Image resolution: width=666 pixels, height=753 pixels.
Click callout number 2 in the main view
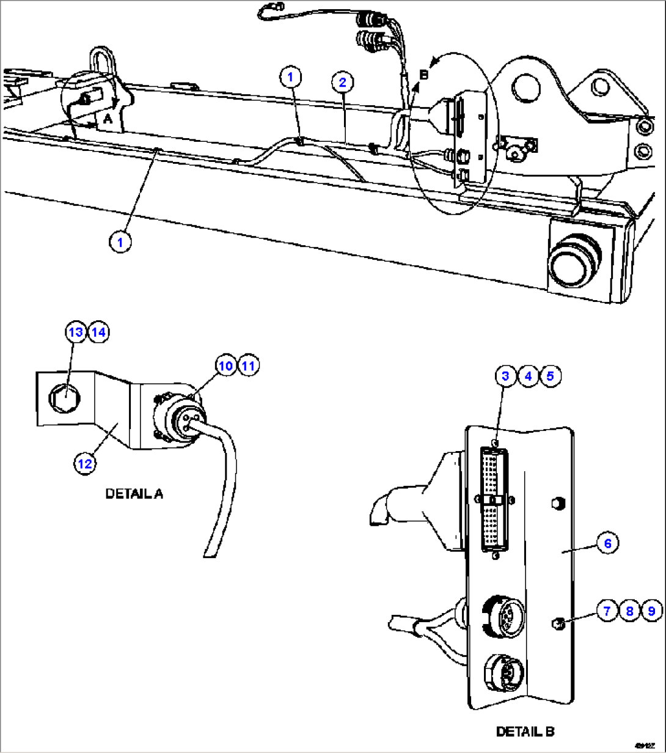tap(343, 82)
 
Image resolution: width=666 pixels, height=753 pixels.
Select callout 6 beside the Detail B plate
tap(608, 543)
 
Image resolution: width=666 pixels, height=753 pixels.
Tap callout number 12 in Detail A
tap(84, 463)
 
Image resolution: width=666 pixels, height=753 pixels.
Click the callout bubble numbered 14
tap(98, 332)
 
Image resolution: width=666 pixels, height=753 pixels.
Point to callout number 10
tap(225, 365)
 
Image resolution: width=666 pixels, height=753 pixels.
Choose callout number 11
tap(248, 365)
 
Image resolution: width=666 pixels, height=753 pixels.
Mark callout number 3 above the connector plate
tap(505, 376)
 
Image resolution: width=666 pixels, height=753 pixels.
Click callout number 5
tap(550, 376)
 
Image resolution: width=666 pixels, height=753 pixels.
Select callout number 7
tap(607, 610)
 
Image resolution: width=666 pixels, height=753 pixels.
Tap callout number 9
tap(652, 610)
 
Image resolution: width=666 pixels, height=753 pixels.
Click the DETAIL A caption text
tap(134, 494)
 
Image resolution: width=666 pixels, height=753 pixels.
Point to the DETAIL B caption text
tap(525, 731)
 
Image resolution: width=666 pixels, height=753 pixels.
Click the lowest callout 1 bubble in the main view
tap(120, 241)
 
